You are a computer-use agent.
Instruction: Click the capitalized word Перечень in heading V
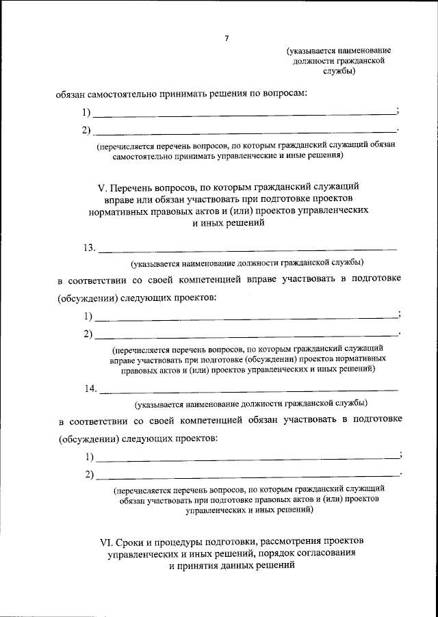pyautogui.click(x=138, y=185)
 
